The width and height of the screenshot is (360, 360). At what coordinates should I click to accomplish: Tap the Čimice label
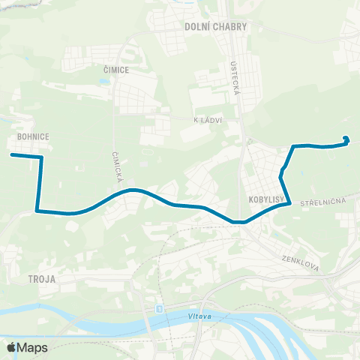point(116,70)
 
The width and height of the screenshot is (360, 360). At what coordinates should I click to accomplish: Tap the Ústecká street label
point(229,76)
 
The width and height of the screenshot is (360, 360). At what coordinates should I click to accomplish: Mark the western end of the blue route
point(12,155)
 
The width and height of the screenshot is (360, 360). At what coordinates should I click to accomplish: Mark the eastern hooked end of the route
point(346,138)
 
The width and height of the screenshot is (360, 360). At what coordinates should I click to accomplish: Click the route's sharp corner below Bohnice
point(40,157)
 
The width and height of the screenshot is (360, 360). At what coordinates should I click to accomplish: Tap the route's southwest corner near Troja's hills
point(37,211)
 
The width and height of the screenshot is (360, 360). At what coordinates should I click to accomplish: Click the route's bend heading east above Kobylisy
point(292,146)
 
